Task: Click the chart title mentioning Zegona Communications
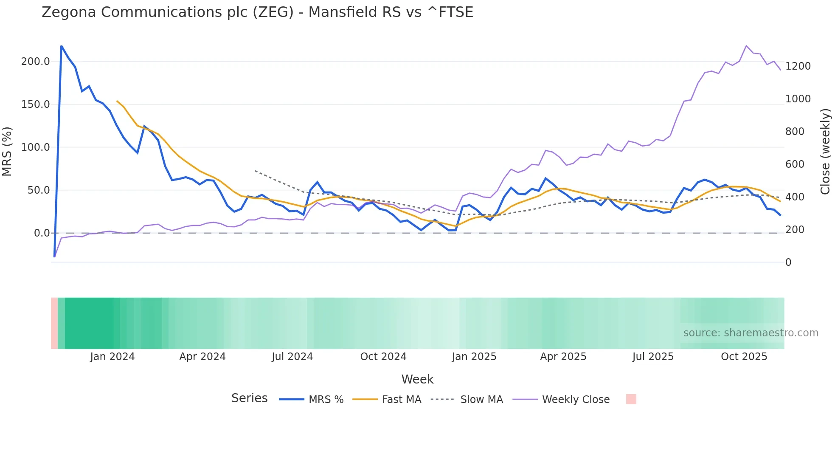257,12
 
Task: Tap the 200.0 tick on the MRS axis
36,62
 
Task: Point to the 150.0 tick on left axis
36,104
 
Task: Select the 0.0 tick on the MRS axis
42,233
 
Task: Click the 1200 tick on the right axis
798,66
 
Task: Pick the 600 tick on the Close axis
795,164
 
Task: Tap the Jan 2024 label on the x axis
112,357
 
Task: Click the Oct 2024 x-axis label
383,357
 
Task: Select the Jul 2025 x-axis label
653,357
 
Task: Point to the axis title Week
417,379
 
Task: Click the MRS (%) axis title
7,152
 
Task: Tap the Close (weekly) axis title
825,152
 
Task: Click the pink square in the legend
631,399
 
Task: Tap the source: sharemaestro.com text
750,333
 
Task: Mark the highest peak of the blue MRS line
62,46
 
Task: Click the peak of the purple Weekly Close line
746,46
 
